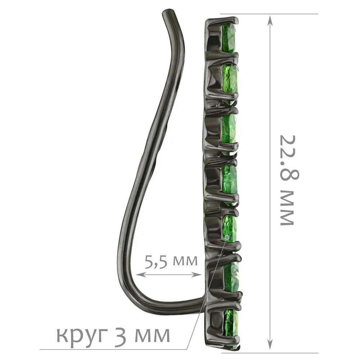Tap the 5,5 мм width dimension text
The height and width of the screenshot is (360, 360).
(x=171, y=261)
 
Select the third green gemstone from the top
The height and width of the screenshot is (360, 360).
(x=230, y=129)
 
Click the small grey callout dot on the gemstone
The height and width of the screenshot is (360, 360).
(x=227, y=237)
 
